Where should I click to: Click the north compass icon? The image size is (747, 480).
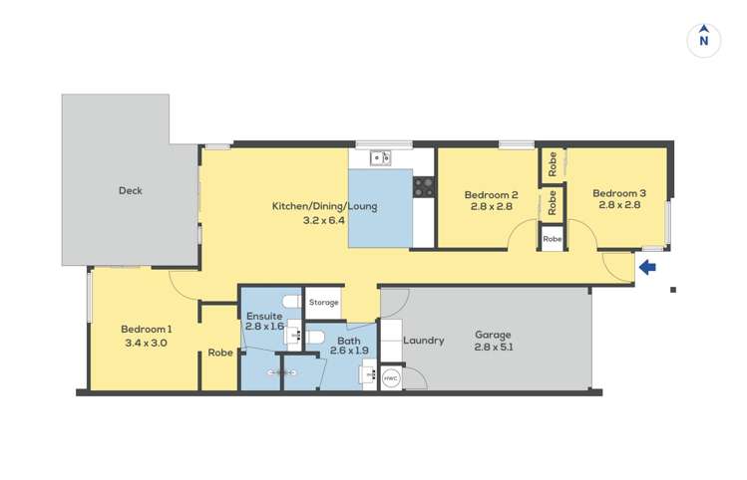pos(704,39)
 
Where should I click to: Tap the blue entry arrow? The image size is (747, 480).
pos(647,267)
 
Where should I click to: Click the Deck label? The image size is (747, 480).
pos(130,191)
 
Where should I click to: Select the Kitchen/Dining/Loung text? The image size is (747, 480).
pos(309,207)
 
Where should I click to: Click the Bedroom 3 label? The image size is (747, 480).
pos(619,193)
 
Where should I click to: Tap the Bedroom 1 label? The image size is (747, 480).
pos(147,330)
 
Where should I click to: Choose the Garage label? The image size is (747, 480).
pos(495,334)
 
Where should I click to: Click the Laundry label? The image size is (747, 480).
pos(424,341)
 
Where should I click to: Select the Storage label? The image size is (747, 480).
pos(322,303)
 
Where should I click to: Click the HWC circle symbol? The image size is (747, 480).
pos(391,378)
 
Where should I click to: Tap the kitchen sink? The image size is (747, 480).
pos(379,157)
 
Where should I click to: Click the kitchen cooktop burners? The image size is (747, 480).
pos(424,184)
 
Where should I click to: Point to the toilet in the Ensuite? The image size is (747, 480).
pos(290,301)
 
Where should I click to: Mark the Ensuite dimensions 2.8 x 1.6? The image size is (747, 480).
pos(265,326)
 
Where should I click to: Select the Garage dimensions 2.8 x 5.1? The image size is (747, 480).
pos(495,347)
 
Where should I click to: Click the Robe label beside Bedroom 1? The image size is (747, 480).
pos(220,353)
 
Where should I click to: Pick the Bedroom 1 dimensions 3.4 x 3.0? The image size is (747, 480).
pos(147,343)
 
